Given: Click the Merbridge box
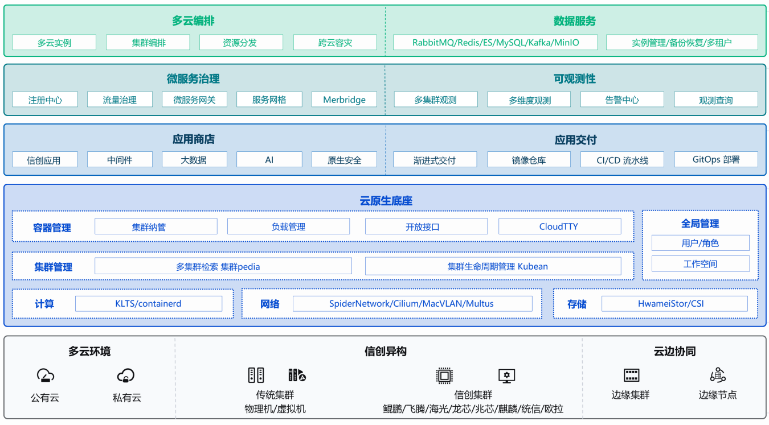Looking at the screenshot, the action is pyautogui.click(x=344, y=100).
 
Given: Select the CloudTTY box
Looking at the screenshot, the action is pyautogui.click(x=559, y=226).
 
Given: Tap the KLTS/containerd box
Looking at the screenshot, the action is pyautogui.click(x=149, y=304).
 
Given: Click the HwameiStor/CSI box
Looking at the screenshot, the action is pyautogui.click(x=674, y=304).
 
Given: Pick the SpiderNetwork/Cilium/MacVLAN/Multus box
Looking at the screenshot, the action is pyautogui.click(x=412, y=304).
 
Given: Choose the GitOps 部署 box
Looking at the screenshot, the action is pyautogui.click(x=716, y=159).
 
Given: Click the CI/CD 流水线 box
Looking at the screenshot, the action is pyautogui.click(x=622, y=159).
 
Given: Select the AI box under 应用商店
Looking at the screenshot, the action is pyautogui.click(x=269, y=159).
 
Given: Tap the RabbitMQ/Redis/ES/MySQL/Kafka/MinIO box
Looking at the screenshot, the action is pyautogui.click(x=495, y=42).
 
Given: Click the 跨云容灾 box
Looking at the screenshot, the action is pyautogui.click(x=335, y=42).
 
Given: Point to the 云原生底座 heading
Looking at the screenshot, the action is pyautogui.click(x=386, y=201).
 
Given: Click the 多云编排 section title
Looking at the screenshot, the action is pyautogui.click(x=193, y=21).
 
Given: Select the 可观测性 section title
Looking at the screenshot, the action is pyautogui.click(x=574, y=79).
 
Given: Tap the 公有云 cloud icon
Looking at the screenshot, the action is pyautogui.click(x=46, y=376).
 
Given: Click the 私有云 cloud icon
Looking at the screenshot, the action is pyautogui.click(x=126, y=376).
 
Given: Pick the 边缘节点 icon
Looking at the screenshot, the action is pyautogui.click(x=718, y=375).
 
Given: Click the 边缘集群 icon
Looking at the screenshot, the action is pyautogui.click(x=631, y=375).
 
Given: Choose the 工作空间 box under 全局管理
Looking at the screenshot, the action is pyautogui.click(x=700, y=264).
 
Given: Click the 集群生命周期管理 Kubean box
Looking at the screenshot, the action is pyautogui.click(x=493, y=266).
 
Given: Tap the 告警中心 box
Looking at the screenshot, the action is pyautogui.click(x=622, y=100).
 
